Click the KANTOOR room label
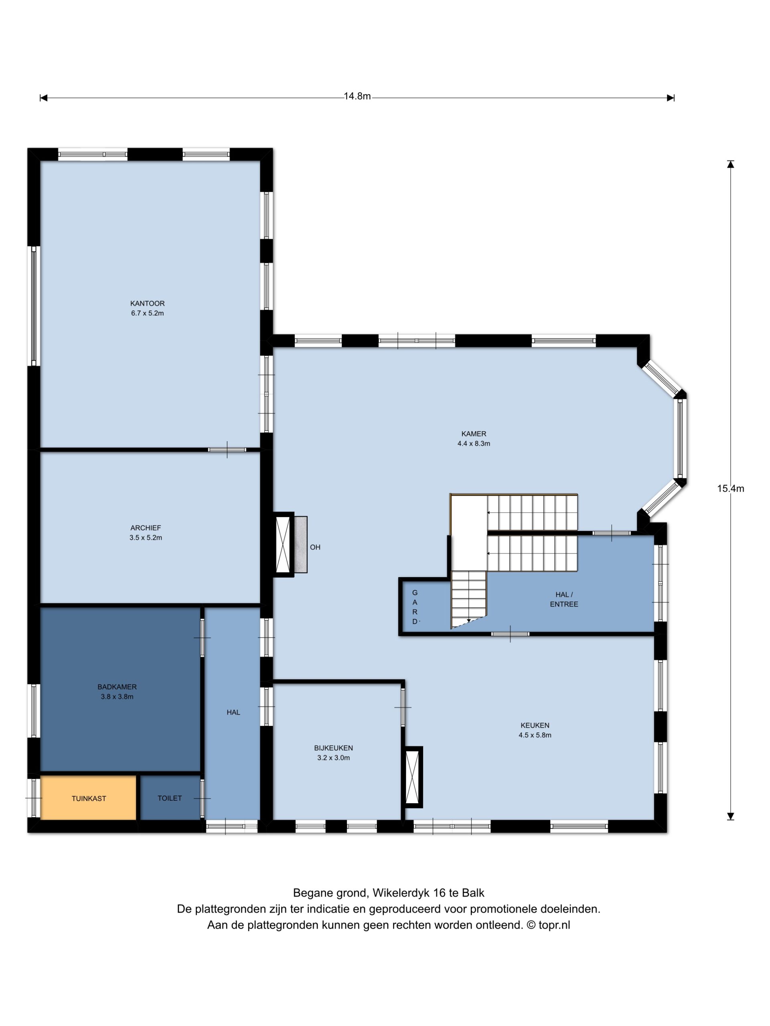pyautogui.click(x=147, y=303)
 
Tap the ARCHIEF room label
pyautogui.click(x=145, y=528)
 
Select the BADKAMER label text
pyautogui.click(x=117, y=687)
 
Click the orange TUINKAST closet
pyautogui.click(x=88, y=798)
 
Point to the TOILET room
pyautogui.click(x=170, y=798)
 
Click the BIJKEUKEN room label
pyautogui.click(x=333, y=748)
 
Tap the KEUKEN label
pyautogui.click(x=535, y=725)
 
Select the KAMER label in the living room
pyautogui.click(x=473, y=434)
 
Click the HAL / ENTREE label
pyautogui.click(x=564, y=599)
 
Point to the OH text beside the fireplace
pyautogui.click(x=315, y=547)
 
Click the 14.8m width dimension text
pyautogui.click(x=357, y=96)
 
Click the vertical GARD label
pyautogui.click(x=415, y=607)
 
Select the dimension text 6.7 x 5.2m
pyautogui.click(x=147, y=313)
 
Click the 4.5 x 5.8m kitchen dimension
pyautogui.click(x=535, y=735)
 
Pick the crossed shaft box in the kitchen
pyautogui.click(x=412, y=778)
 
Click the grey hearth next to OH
pyautogui.click(x=300, y=545)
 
